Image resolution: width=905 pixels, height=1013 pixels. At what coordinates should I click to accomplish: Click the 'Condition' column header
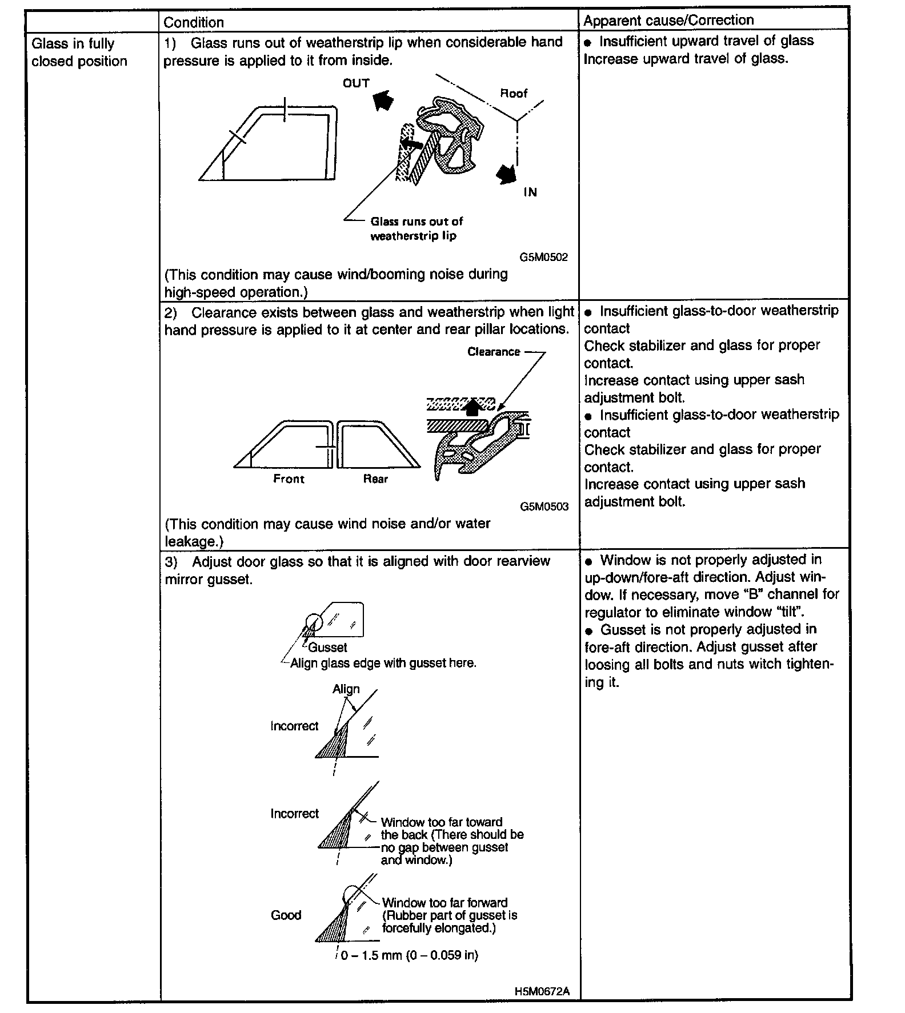(x=194, y=22)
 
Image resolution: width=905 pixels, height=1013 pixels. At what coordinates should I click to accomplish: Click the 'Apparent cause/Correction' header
(x=668, y=20)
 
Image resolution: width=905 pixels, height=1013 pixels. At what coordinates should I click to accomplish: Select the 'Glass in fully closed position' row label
(x=79, y=53)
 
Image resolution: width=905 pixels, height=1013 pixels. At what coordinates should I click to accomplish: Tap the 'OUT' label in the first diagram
(x=356, y=83)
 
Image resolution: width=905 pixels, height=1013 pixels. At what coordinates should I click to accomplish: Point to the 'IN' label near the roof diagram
(x=530, y=192)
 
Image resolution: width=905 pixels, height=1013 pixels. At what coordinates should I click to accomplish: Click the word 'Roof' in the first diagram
(x=514, y=93)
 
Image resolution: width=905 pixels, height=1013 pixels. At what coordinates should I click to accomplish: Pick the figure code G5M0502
(x=543, y=257)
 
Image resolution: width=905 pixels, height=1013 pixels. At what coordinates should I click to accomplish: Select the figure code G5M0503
(x=544, y=506)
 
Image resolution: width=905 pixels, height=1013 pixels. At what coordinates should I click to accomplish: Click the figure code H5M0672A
(x=542, y=991)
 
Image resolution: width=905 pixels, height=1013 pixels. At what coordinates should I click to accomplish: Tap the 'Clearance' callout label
(x=494, y=352)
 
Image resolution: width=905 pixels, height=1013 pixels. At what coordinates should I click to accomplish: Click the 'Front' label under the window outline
(x=289, y=479)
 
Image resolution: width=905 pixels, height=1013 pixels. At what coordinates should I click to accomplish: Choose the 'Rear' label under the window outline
(x=375, y=479)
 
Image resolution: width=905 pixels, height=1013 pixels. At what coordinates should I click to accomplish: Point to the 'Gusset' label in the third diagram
(x=327, y=647)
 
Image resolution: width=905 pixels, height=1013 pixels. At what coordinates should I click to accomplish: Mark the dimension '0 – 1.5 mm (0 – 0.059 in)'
(x=409, y=955)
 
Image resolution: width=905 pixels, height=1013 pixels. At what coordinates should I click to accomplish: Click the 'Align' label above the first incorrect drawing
(x=346, y=689)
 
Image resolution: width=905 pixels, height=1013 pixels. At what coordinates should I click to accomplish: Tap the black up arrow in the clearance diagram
(x=472, y=407)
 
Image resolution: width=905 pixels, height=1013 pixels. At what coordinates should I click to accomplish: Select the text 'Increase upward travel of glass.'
(x=686, y=58)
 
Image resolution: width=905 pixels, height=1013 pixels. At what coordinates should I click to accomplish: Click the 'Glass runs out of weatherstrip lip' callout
(x=417, y=228)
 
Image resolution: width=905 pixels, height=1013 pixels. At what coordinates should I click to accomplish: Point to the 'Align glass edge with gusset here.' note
(x=383, y=663)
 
